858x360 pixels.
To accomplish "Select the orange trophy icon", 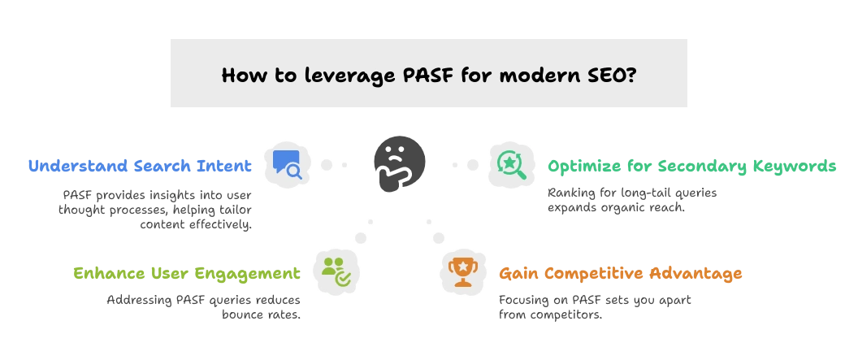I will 462,271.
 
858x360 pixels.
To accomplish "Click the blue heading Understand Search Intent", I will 139,166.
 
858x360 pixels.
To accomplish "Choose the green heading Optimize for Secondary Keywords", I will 692,166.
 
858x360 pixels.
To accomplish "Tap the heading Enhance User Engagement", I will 188,272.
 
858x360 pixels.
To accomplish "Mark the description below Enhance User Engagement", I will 204,307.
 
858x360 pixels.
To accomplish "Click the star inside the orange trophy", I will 462,265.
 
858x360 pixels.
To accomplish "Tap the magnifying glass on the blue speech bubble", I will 294,171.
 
